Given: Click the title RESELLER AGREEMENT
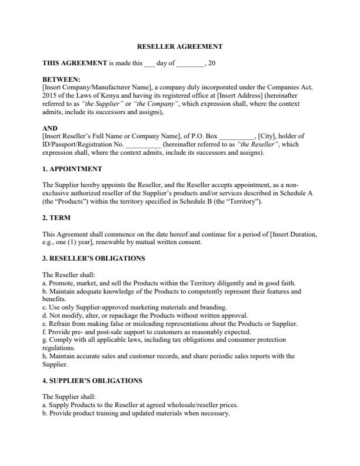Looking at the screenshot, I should point(179,46).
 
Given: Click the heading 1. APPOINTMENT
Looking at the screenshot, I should point(72,169).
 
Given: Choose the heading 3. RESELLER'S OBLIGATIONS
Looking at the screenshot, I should point(94,258).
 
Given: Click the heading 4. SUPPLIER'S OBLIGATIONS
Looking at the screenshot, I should point(92,381).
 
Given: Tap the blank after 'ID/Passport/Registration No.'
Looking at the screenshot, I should point(143,144).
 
